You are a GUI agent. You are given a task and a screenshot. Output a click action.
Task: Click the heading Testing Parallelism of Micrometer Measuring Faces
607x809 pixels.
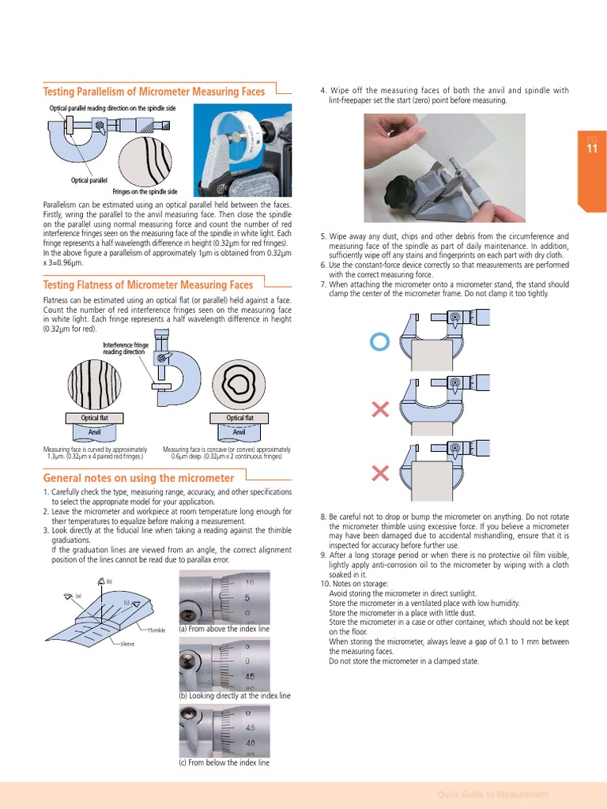tap(153, 92)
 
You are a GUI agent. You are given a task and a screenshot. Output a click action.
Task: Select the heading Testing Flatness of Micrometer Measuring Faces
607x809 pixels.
tap(148, 284)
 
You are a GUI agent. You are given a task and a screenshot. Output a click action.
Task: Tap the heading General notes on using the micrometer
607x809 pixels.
tap(138, 478)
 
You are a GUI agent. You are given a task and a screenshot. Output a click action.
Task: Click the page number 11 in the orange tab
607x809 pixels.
tap(592, 149)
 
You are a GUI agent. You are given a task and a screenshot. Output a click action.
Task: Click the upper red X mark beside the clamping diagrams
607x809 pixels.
tap(380, 408)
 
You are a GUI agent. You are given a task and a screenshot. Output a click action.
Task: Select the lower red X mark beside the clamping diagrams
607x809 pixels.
tap(380, 472)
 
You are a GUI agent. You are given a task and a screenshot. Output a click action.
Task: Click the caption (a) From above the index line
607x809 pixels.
tap(224, 629)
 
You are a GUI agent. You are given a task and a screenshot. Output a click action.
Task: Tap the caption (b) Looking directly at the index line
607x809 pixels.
tap(235, 696)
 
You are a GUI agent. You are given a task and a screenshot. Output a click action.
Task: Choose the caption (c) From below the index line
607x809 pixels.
tap(224, 762)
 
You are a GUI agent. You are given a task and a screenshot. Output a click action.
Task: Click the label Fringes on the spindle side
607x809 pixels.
tap(145, 192)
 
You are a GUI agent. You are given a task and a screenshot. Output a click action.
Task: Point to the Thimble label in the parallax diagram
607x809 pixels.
tap(156, 630)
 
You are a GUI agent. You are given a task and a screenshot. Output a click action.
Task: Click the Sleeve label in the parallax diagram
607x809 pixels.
tap(127, 645)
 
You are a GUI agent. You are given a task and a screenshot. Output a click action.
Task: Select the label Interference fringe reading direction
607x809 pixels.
tap(126, 348)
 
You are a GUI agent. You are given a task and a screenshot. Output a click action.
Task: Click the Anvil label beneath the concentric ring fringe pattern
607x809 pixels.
tap(239, 432)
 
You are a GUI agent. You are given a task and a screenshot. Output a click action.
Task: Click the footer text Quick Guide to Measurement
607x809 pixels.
tap(492, 794)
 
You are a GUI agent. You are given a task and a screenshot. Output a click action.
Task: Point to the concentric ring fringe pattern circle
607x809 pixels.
tap(239, 385)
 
